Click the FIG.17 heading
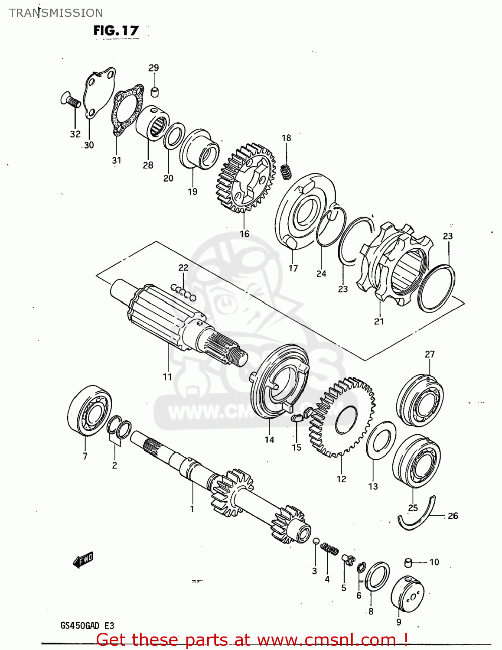pos(116,30)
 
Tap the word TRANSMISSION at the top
pos(56,13)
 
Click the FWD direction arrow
pos(83,560)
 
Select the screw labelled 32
pos(70,100)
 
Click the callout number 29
pos(153,68)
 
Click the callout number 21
pos(379,322)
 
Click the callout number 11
pos(168,377)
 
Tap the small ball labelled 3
pos(316,541)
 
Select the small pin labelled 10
pos(407,562)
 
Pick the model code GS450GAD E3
pos(87,626)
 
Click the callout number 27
pos(429,354)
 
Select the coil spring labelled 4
pos(330,549)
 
